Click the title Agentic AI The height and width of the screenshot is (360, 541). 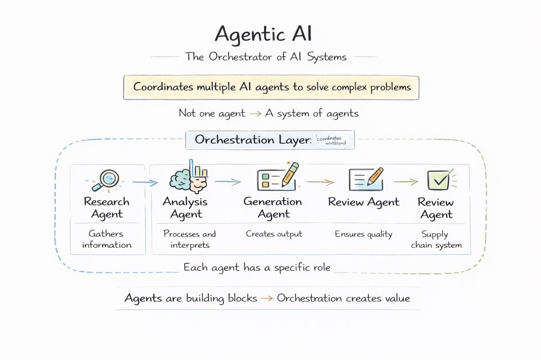coord(263,34)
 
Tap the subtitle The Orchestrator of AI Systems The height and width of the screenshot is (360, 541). coord(266,57)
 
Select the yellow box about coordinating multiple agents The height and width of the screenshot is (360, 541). coord(271,87)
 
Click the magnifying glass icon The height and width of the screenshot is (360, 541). coord(108,179)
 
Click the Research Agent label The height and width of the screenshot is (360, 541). coord(107,208)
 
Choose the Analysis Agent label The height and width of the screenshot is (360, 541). coord(185,208)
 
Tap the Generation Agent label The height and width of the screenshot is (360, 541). coord(273,208)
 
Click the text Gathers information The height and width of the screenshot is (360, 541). coord(107,239)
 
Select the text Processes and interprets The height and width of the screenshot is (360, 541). coord(190,239)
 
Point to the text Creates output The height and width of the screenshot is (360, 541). coord(274,234)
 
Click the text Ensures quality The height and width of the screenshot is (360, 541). coord(363,234)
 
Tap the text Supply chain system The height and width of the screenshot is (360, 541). coord(436,239)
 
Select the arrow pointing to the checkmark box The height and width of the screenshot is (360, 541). coord(406,182)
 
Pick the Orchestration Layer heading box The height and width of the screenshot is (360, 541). coord(270,140)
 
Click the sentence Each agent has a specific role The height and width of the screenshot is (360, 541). coord(257,267)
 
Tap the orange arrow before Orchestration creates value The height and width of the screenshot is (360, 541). coord(267,299)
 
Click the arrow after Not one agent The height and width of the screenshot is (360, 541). coord(255,114)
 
